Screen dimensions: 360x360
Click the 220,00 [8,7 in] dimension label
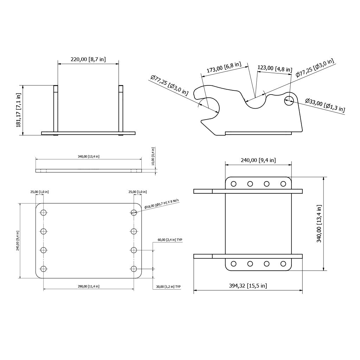[x=88, y=59]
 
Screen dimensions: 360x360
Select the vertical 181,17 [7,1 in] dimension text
[x=19, y=110]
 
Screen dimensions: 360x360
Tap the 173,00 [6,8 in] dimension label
[x=224, y=67]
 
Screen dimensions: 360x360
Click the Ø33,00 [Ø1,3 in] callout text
[x=325, y=105]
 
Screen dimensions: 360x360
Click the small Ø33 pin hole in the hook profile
[x=289, y=100]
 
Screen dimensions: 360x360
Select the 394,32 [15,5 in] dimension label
[x=248, y=286]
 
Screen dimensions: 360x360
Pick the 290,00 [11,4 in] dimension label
[x=89, y=287]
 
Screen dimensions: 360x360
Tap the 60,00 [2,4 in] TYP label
[x=170, y=240]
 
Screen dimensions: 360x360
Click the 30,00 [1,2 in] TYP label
[x=168, y=287]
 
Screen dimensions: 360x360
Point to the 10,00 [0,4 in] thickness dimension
[x=153, y=156]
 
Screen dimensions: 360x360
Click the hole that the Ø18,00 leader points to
[x=134, y=212]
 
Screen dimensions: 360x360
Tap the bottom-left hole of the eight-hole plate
[x=44, y=269]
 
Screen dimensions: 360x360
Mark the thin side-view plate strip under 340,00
[x=89, y=171]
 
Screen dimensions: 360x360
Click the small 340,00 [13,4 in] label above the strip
[x=89, y=156]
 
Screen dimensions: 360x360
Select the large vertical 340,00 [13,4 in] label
[x=319, y=224]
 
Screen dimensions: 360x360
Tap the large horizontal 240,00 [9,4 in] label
[x=258, y=160]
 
